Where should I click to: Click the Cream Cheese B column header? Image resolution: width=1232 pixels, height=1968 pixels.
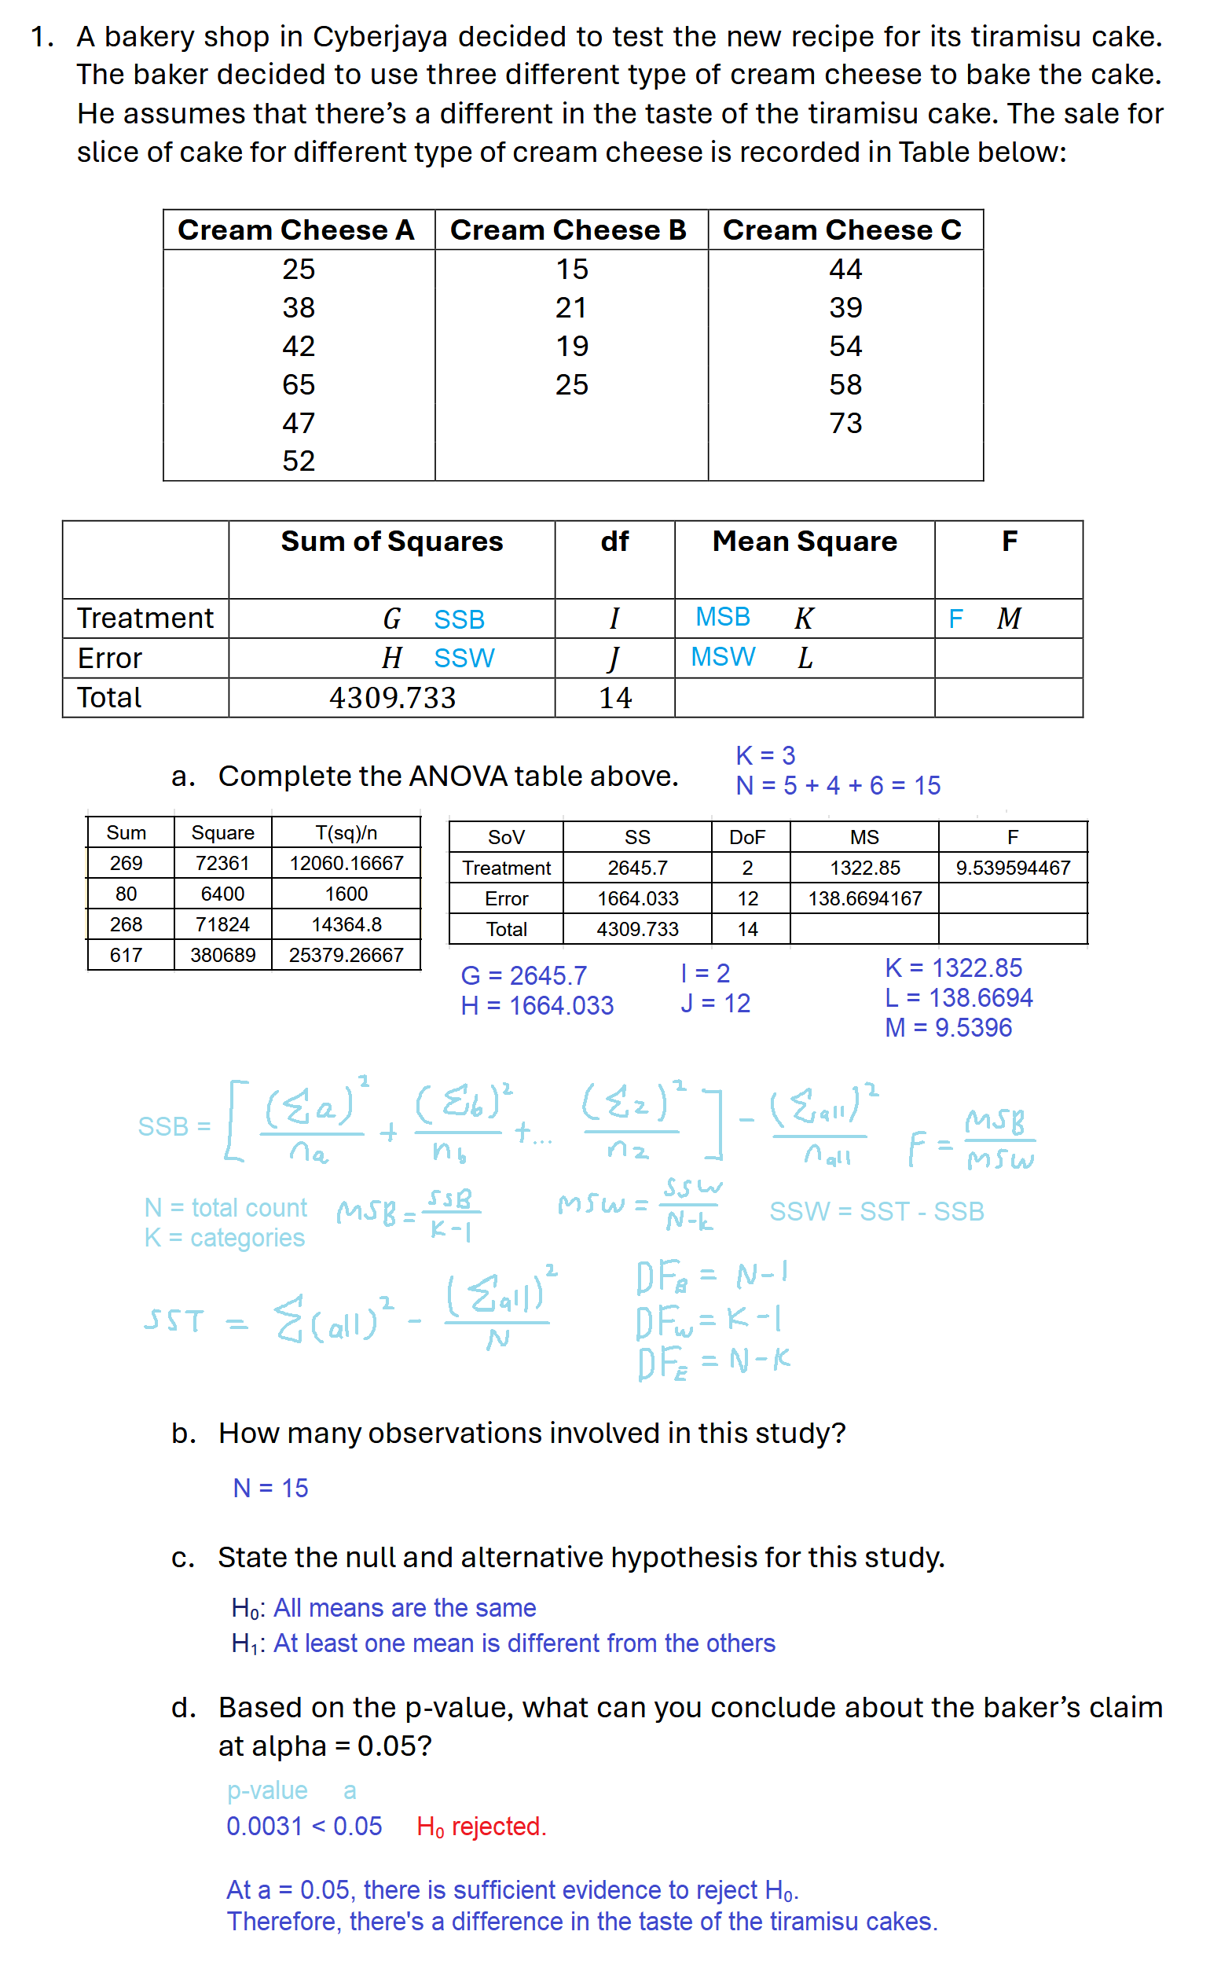tap(568, 230)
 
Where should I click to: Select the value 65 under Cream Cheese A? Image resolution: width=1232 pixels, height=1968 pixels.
tap(299, 384)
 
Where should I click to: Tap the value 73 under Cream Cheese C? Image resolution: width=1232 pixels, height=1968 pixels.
tap(845, 423)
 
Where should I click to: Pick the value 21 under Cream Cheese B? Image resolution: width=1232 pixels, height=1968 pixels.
tap(571, 308)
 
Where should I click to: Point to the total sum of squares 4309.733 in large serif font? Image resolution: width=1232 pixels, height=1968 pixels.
tap(392, 699)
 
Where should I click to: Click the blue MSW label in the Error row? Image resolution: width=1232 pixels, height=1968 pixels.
tap(723, 657)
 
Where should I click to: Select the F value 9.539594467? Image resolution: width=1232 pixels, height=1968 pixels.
tap(1012, 868)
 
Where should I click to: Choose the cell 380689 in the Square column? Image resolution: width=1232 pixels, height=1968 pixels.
tap(222, 955)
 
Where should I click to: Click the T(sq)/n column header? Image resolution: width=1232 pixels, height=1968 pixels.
tap(346, 833)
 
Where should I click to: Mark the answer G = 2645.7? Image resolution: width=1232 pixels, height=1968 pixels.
tap(523, 975)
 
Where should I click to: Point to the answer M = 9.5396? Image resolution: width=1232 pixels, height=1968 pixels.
tap(948, 1027)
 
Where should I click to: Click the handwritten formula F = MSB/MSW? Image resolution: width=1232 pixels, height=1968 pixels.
tap(971, 1140)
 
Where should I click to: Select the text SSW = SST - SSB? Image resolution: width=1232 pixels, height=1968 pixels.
tap(876, 1212)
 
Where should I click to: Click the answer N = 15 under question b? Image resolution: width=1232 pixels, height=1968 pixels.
tap(270, 1489)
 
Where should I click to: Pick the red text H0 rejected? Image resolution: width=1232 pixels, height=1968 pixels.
tap(481, 1827)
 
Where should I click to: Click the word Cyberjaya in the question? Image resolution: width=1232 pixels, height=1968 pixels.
tap(379, 38)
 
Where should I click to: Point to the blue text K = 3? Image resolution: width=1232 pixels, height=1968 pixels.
tap(765, 756)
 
